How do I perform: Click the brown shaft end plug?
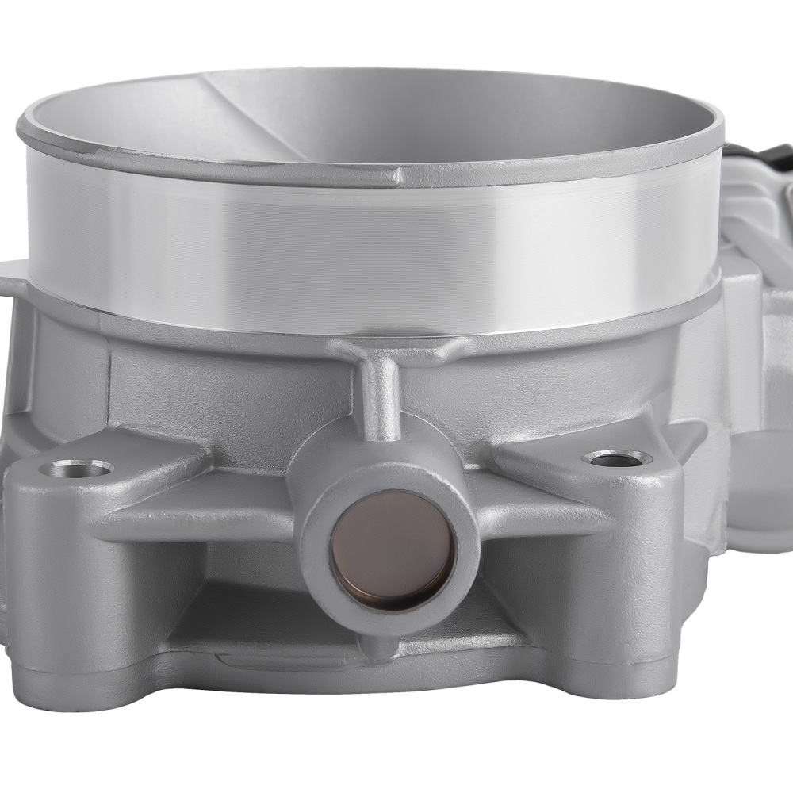click(x=392, y=550)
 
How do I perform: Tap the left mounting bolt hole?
click(x=76, y=469)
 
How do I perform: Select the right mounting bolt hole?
click(x=617, y=458)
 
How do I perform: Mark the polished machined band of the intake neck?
click(x=373, y=246)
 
